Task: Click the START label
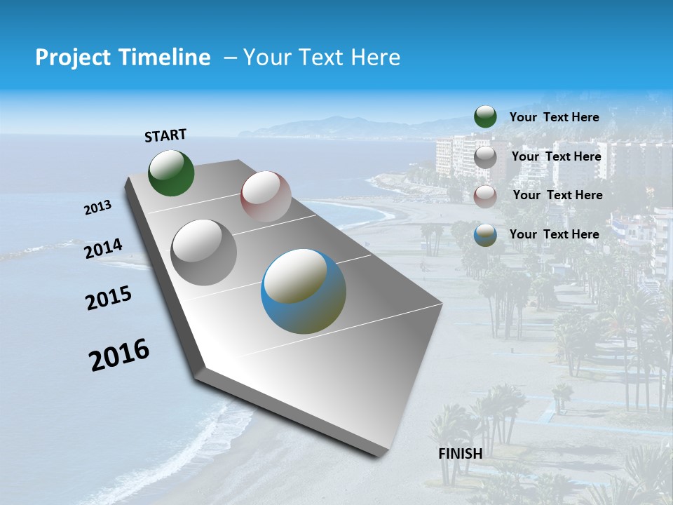pyautogui.click(x=165, y=135)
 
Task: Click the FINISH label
pyautogui.click(x=461, y=454)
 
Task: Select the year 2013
pyautogui.click(x=98, y=208)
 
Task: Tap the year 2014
pyautogui.click(x=103, y=249)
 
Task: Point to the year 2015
pyautogui.click(x=109, y=298)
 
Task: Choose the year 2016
pyautogui.click(x=119, y=355)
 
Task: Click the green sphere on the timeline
pyautogui.click(x=171, y=173)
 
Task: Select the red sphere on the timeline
pyautogui.click(x=266, y=196)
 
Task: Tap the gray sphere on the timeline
pyautogui.click(x=204, y=252)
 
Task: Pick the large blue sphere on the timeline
pyautogui.click(x=304, y=291)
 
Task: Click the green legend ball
pyautogui.click(x=485, y=117)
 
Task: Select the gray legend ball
pyautogui.click(x=485, y=157)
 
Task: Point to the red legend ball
pyautogui.click(x=485, y=196)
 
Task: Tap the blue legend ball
pyautogui.click(x=485, y=235)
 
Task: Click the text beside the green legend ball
pyautogui.click(x=554, y=118)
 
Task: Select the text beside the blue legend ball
pyautogui.click(x=554, y=234)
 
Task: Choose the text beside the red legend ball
pyautogui.click(x=557, y=195)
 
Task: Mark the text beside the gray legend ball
pyautogui.click(x=556, y=156)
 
